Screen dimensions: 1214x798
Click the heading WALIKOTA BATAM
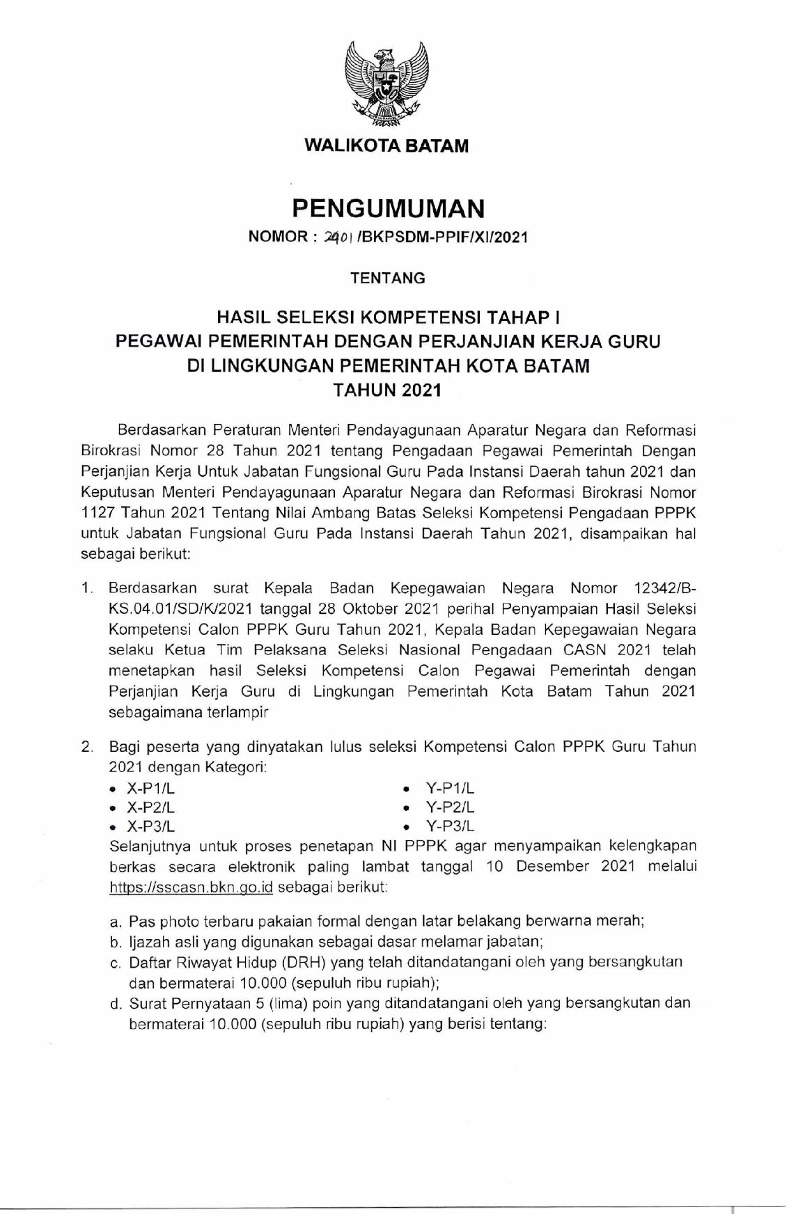click(x=387, y=146)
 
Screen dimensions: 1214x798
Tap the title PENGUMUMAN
click(x=387, y=207)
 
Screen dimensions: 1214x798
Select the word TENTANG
click(x=387, y=278)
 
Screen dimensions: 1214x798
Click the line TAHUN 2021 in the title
click(x=387, y=391)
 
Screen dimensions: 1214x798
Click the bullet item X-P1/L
click(x=150, y=789)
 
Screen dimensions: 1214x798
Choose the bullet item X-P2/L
click(x=150, y=807)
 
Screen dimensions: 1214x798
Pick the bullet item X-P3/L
click(x=150, y=826)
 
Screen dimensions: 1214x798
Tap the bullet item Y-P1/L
click(x=449, y=789)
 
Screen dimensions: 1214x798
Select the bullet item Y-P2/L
click(x=449, y=807)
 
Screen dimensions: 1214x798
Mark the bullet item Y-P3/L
click(x=449, y=826)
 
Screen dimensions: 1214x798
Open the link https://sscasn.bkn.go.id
click(x=191, y=888)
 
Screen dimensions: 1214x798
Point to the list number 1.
click(x=85, y=588)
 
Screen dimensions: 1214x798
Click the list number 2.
click(x=86, y=748)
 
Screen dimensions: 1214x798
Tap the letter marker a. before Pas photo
click(x=116, y=921)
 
